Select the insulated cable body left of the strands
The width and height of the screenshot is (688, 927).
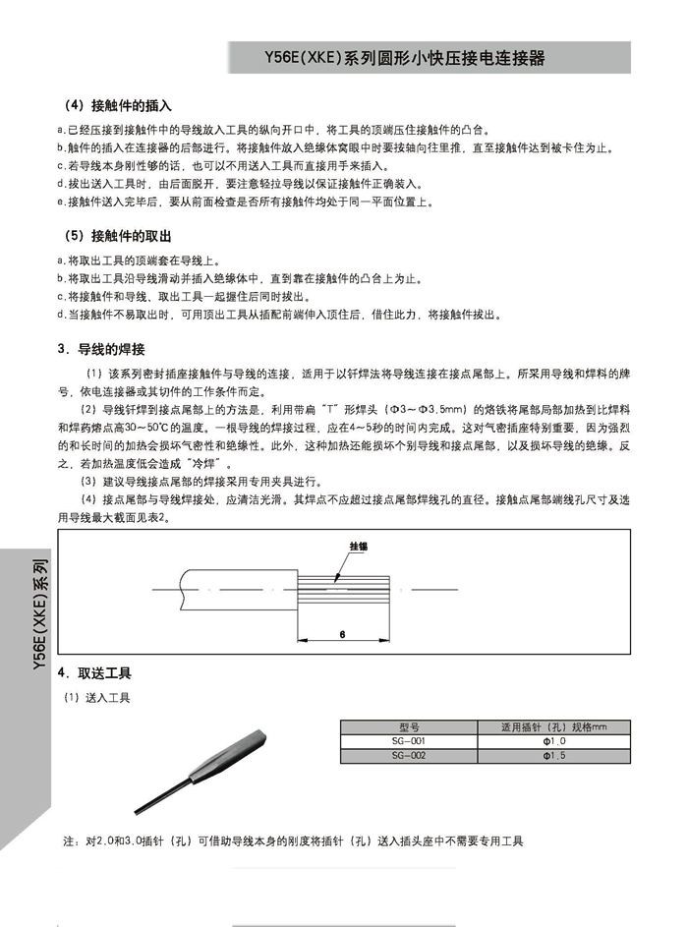point(236,588)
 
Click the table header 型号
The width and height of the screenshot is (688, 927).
point(409,727)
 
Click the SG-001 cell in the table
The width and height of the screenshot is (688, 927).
point(409,741)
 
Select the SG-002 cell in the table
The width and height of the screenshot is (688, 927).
point(409,755)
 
